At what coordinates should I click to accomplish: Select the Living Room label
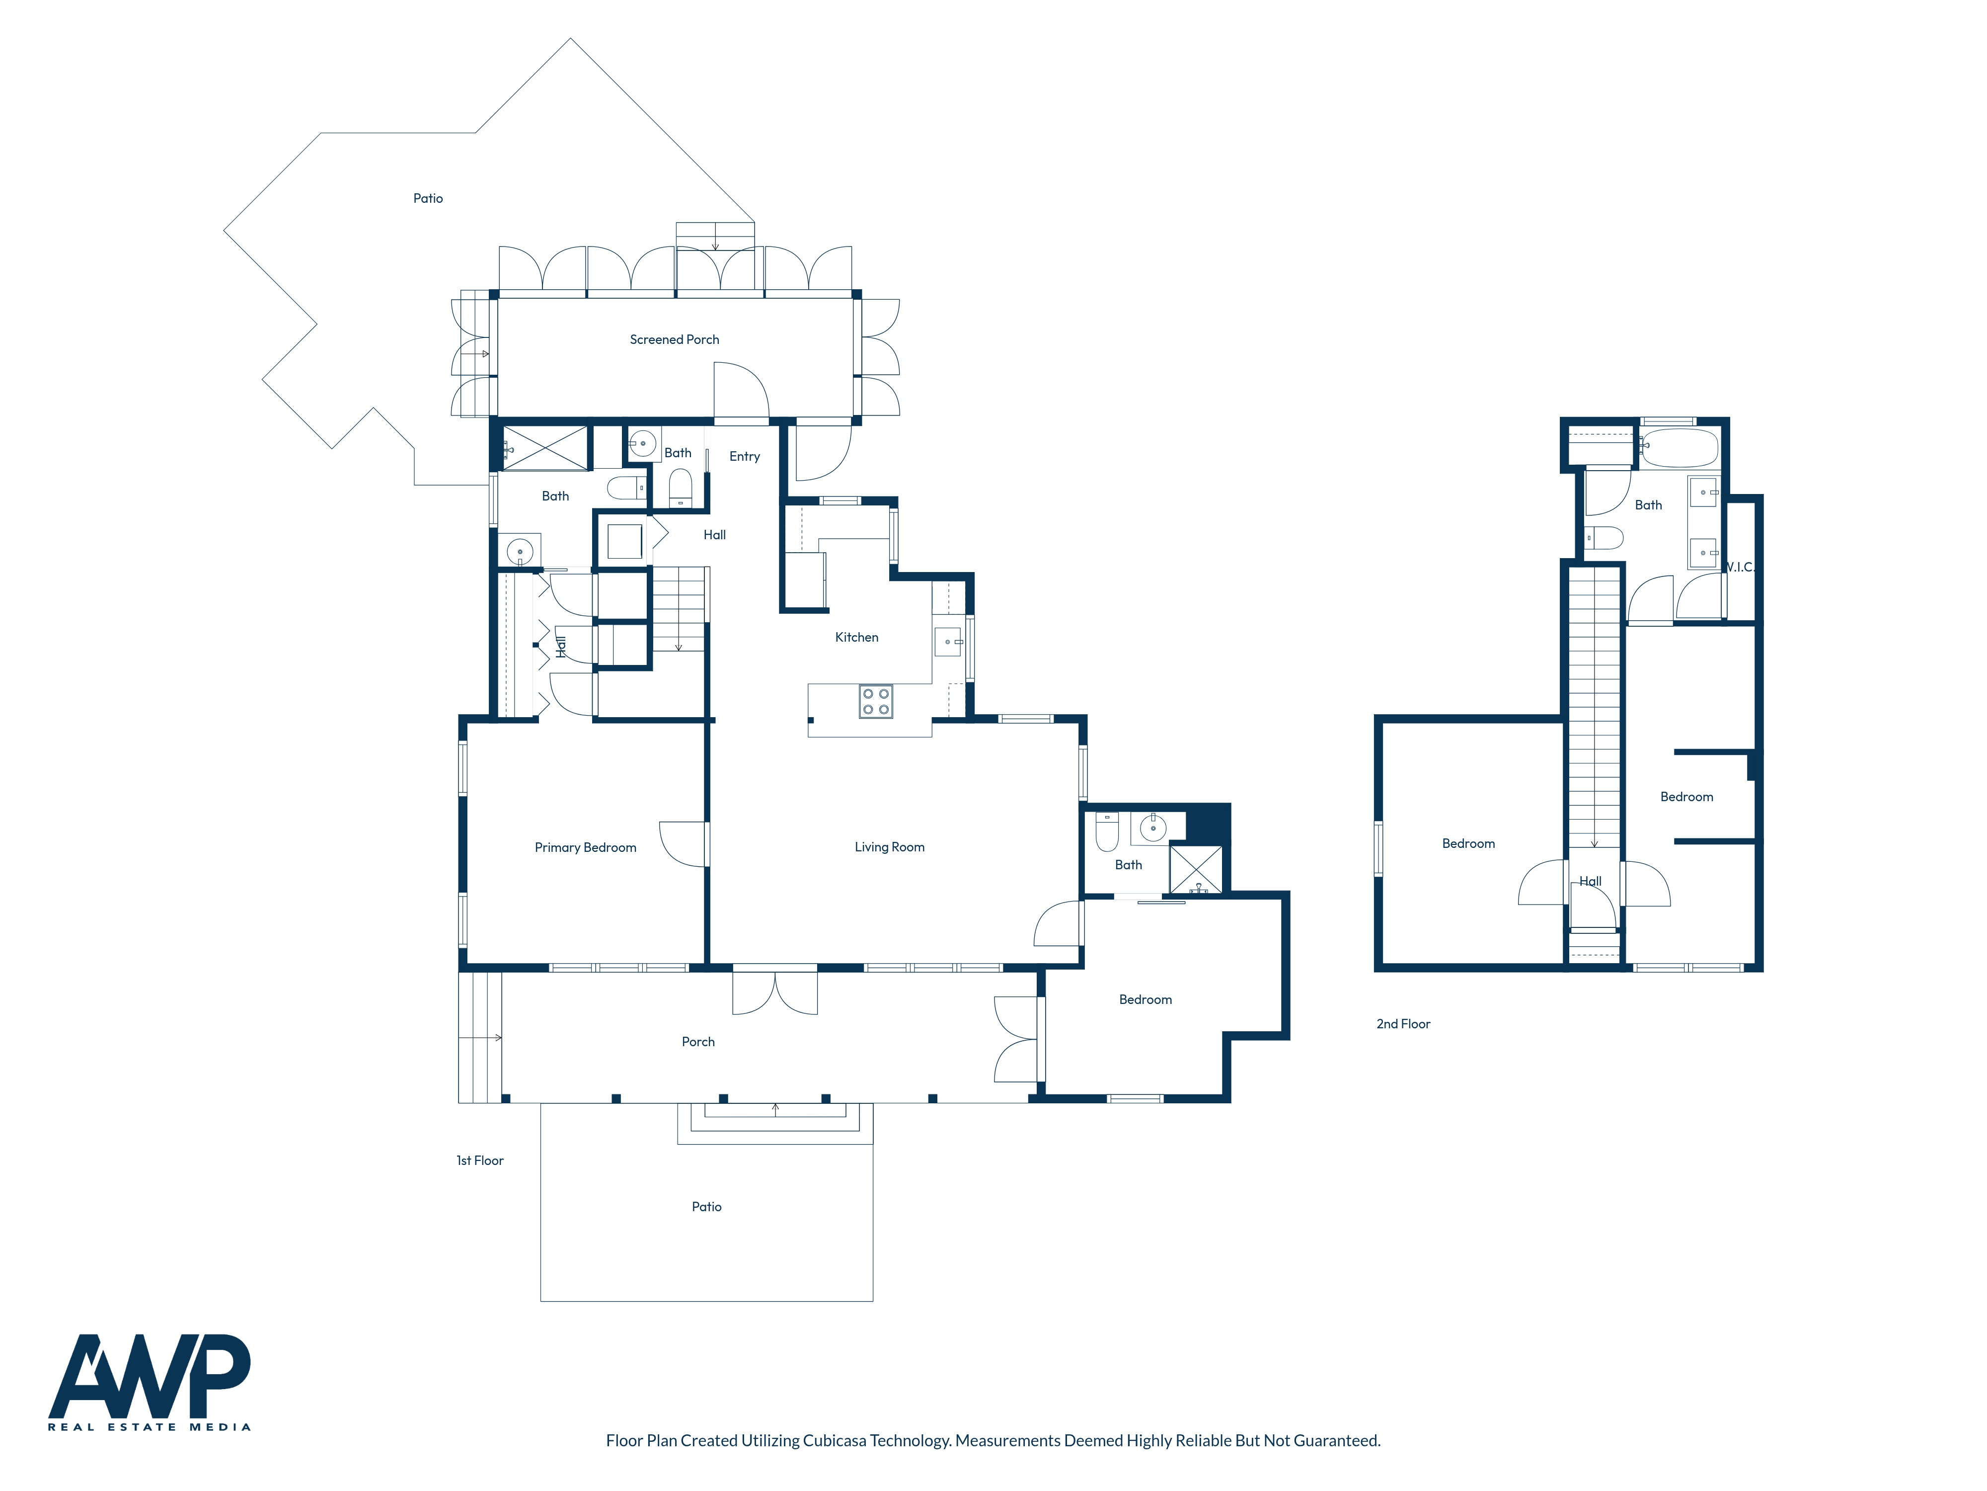pos(889,846)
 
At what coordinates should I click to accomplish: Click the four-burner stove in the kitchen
pos(876,701)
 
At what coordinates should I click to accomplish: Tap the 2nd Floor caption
pos(1403,1024)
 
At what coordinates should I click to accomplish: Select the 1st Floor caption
pos(480,1160)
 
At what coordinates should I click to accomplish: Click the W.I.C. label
pos(1740,567)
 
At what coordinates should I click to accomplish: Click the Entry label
pos(745,457)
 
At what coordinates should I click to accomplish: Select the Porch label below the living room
pos(698,1042)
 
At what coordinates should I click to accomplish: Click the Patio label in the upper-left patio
pos(428,199)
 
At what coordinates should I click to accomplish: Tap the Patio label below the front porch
pos(706,1207)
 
